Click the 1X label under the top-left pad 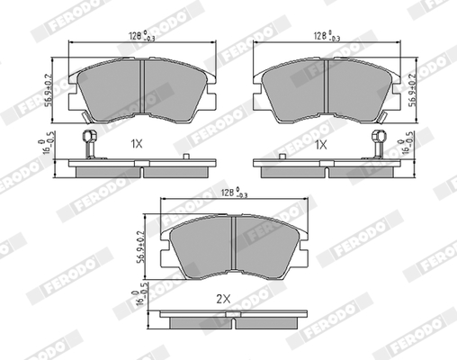[137, 144]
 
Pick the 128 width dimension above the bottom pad [232, 193]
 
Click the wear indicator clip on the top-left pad [88, 140]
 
